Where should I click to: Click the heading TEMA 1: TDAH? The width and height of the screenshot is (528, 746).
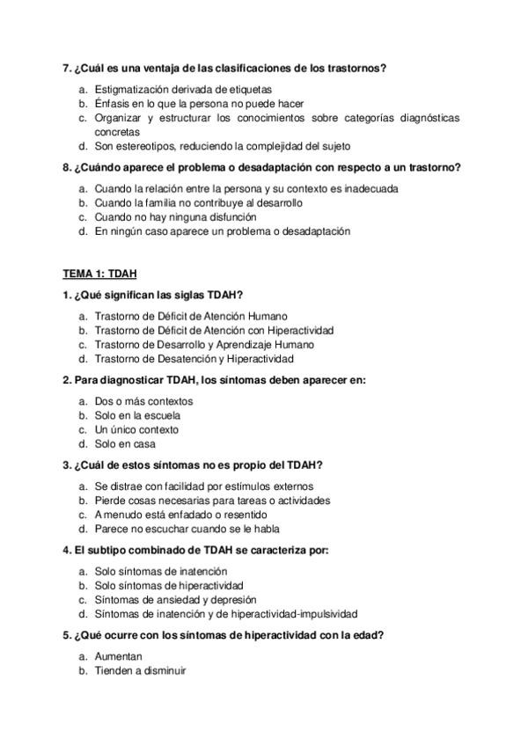(x=99, y=274)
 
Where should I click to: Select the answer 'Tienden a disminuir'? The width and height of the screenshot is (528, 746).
(x=139, y=670)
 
